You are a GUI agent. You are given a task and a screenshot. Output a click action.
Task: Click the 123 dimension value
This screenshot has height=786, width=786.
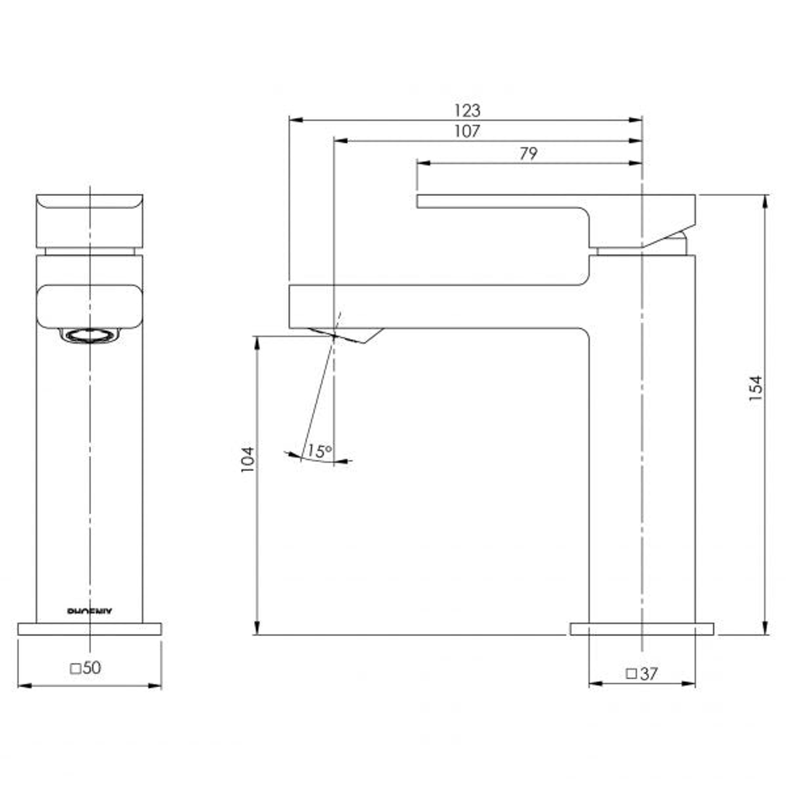467,111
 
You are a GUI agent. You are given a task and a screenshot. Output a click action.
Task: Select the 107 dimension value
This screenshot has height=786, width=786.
467,132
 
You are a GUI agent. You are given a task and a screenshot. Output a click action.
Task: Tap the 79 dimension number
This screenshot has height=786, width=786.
528,154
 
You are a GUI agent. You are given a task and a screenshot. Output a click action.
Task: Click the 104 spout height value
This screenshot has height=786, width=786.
247,459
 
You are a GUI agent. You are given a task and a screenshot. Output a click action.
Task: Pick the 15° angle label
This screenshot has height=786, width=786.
318,451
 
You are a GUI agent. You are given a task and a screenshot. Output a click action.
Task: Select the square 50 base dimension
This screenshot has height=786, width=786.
86,668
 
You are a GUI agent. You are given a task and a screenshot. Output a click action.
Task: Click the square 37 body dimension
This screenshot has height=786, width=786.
641,674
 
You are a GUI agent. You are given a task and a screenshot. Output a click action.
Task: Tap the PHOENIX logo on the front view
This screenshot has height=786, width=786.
90,613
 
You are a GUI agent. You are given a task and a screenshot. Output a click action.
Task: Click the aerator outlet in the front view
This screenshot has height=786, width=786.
90,336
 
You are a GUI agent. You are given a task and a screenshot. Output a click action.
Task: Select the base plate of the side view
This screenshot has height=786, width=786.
641,629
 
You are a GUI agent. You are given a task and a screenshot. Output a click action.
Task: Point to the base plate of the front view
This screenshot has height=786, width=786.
90,629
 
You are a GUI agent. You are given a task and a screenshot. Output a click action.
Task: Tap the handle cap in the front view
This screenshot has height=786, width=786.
90,221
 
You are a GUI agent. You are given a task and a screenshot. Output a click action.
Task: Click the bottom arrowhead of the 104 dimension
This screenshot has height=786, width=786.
256,630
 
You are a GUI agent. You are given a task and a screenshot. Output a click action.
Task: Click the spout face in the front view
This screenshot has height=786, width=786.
90,306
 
